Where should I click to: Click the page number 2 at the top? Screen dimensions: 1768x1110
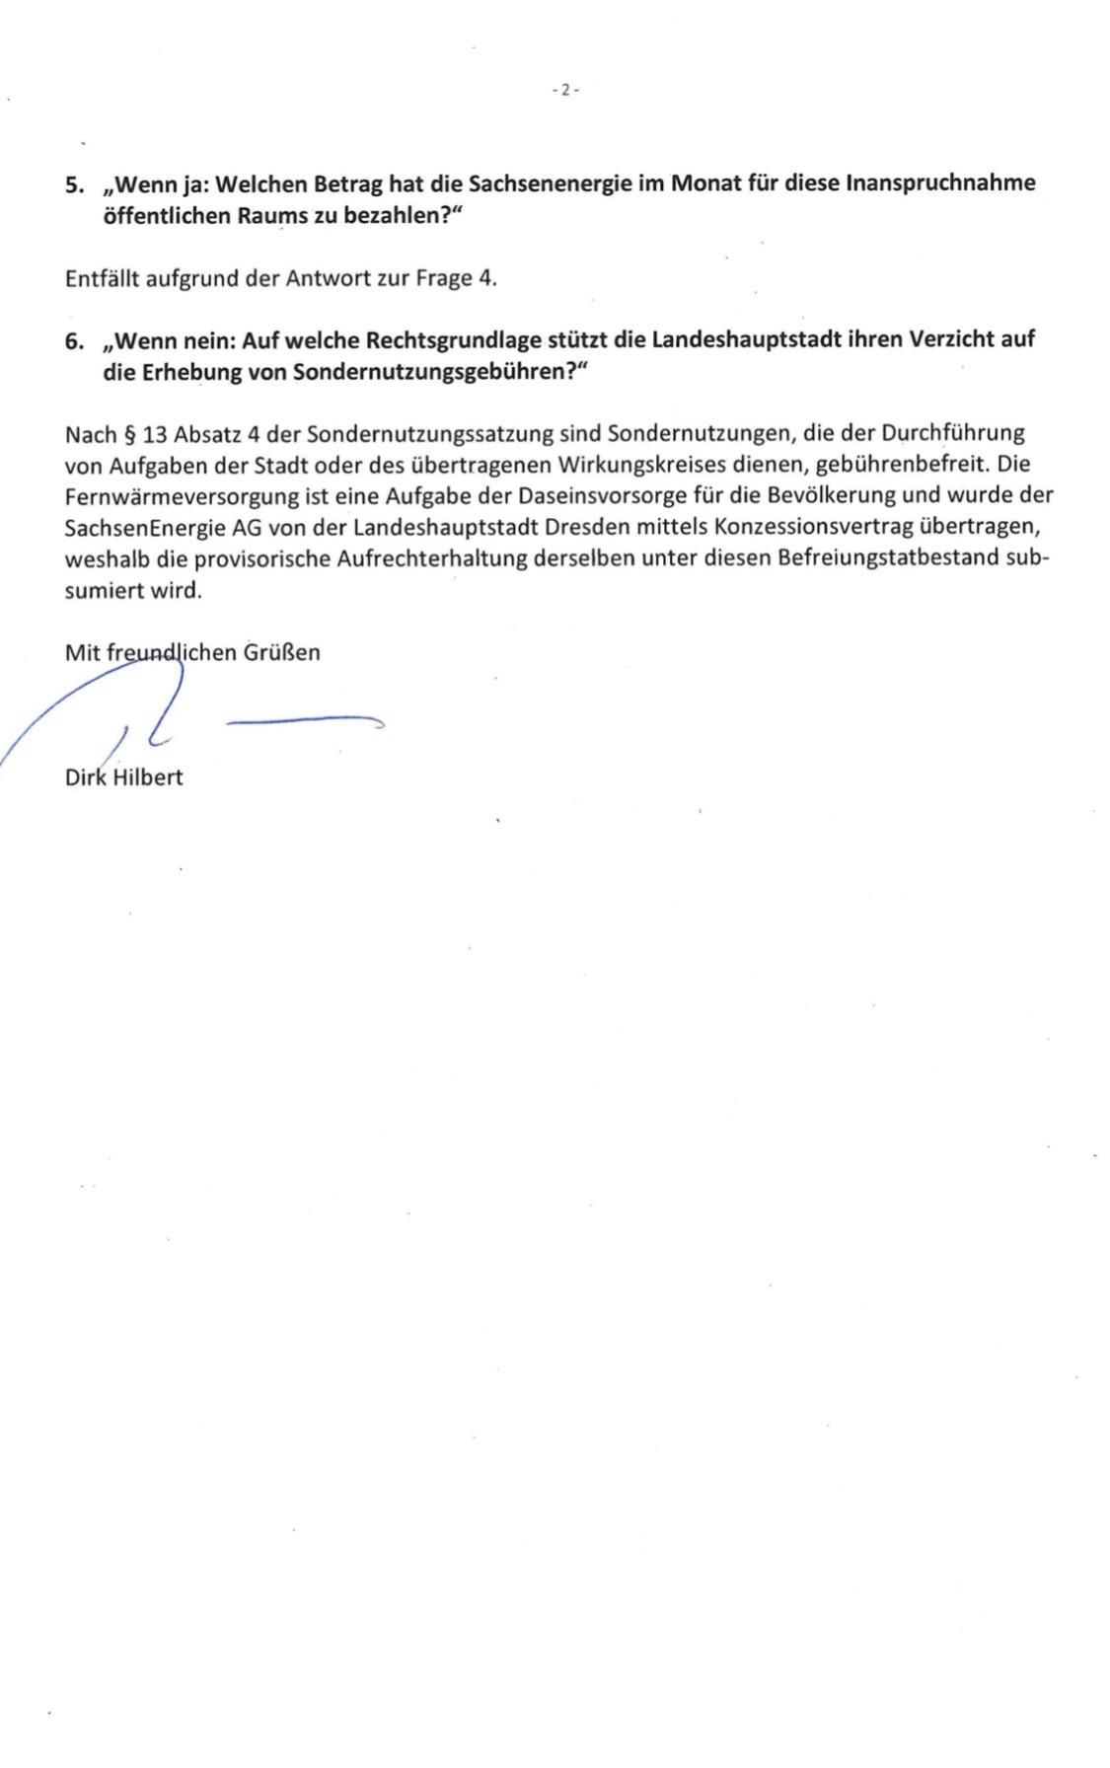click(x=565, y=91)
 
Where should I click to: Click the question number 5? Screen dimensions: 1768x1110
click(x=74, y=184)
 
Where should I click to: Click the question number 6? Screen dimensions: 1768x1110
click(x=74, y=341)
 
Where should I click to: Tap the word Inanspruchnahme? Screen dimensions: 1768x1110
click(x=941, y=184)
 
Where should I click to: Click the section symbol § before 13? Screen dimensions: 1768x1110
click(x=128, y=434)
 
